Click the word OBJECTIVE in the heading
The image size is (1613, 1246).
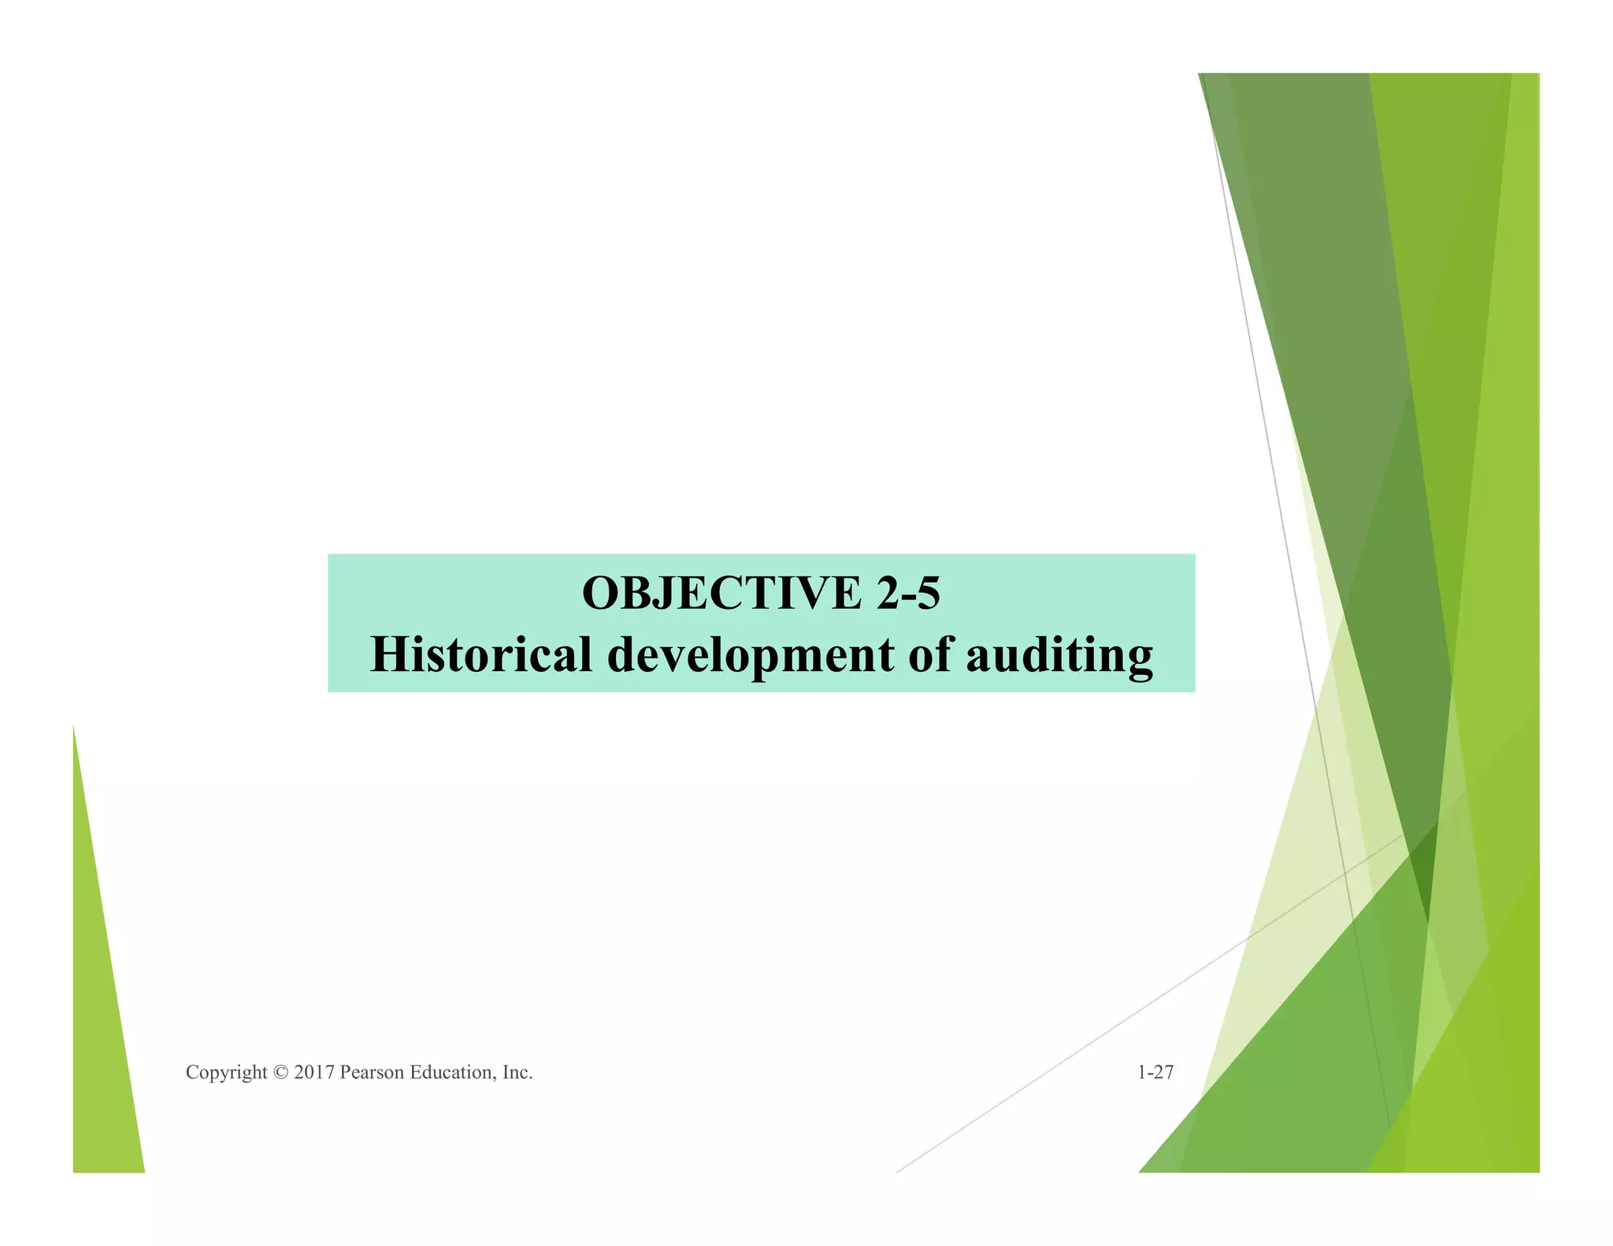721,593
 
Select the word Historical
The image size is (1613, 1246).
480,655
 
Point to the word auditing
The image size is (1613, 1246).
1059,655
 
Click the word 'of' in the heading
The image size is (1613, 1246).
929,655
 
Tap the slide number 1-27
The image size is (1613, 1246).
1155,1072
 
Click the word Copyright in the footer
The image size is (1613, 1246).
226,1072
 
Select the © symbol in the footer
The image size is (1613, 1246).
280,1072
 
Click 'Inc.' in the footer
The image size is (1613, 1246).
517,1072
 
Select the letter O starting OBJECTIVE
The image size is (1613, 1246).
601,593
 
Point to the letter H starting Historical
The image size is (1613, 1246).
389,655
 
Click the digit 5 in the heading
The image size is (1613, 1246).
929,593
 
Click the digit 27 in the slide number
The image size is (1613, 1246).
1164,1072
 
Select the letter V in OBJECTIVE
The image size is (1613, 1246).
814,593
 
